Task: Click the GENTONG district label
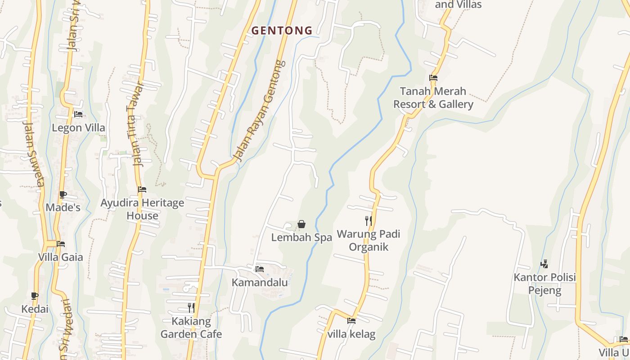(282, 31)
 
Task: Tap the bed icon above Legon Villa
(78, 114)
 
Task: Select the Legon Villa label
(78, 128)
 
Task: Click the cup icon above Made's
(63, 195)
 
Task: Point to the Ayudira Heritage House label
(142, 209)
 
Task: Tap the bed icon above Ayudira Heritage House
(142, 189)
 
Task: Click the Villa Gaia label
(61, 257)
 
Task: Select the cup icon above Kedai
(35, 296)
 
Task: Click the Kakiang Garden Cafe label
(191, 328)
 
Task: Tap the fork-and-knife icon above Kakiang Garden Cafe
(191, 308)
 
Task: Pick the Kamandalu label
(260, 283)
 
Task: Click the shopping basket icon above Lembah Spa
(301, 224)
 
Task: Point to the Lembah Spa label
(301, 238)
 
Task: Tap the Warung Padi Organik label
(369, 240)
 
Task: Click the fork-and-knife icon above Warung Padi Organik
(368, 220)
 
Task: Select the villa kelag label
(351, 334)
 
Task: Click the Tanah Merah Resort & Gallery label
(433, 98)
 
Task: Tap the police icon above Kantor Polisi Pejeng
(544, 264)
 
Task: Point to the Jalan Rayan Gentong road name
(261, 111)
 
